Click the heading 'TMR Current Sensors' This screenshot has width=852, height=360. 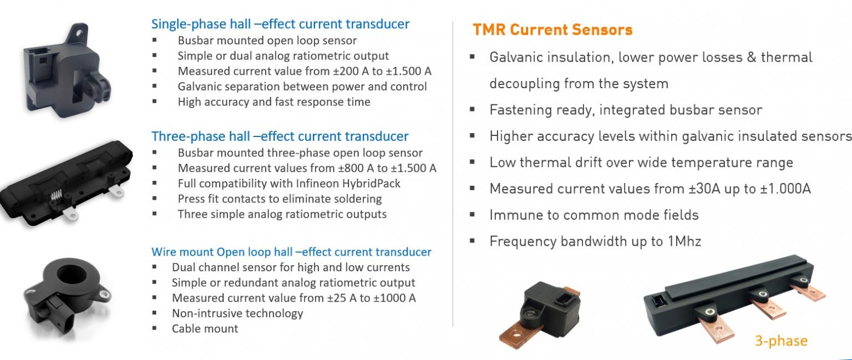pyautogui.click(x=552, y=30)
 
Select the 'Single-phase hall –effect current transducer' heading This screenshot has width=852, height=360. pyautogui.click(x=280, y=24)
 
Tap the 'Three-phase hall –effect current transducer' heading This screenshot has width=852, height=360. pyautogui.click(x=280, y=136)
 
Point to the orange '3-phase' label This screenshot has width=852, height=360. pyautogui.click(x=780, y=340)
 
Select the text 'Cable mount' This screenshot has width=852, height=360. pyautogui.click(x=205, y=328)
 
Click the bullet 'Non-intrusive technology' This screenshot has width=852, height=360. pyautogui.click(x=237, y=313)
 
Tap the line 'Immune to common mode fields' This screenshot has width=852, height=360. pyautogui.click(x=594, y=215)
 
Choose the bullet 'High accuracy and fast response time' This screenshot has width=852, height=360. pyautogui.click(x=274, y=102)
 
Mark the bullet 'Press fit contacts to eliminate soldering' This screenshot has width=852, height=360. pyautogui.click(x=280, y=199)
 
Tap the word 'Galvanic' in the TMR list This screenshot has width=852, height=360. pyautogui.click(x=520, y=57)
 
